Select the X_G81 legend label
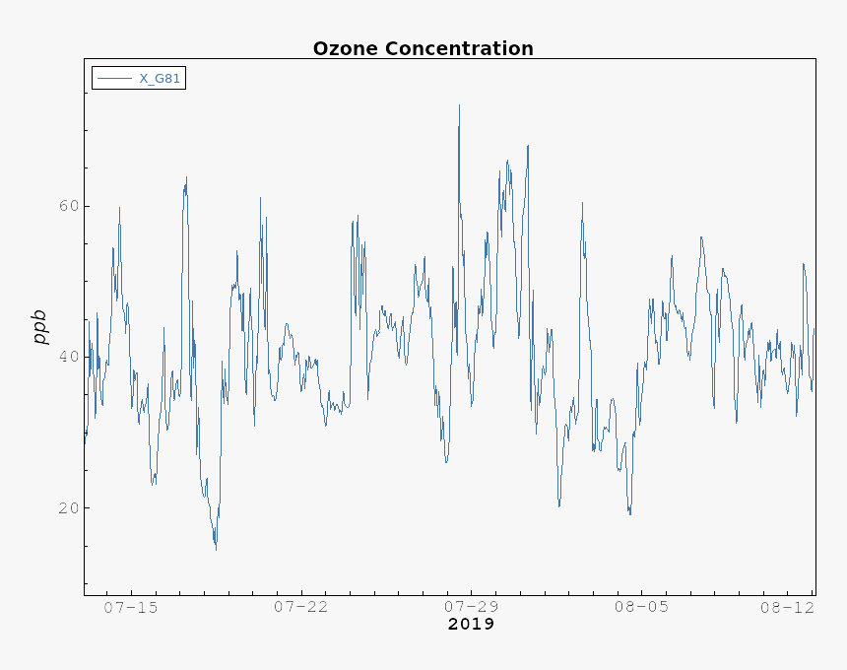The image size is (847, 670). coord(160,79)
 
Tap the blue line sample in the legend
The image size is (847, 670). coord(114,79)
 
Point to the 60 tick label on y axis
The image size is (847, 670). coord(67,206)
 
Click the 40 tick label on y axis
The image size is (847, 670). coord(67,357)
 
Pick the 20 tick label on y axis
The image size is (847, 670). coord(67,507)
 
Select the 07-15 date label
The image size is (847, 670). coord(130,607)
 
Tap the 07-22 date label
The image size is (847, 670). coord(300,607)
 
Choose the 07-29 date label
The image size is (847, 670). coord(471,607)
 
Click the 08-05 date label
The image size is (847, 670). coord(641,607)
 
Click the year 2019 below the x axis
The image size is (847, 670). coord(471,625)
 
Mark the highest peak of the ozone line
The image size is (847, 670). coord(459,104)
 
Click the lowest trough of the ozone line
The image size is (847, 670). coord(216,549)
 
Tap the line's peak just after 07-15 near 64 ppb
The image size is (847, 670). coord(186,177)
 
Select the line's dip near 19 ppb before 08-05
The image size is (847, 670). coord(630,514)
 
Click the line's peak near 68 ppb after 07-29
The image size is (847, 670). coord(528,146)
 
